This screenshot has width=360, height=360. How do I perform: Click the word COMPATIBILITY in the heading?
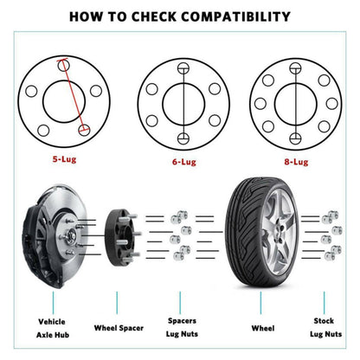tap(231, 16)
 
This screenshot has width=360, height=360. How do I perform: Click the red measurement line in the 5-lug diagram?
tap(73, 97)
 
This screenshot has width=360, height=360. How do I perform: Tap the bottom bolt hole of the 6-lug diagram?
tap(182, 138)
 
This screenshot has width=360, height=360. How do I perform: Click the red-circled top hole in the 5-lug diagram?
tap(62, 63)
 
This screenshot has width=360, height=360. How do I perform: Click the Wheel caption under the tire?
tap(263, 329)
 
